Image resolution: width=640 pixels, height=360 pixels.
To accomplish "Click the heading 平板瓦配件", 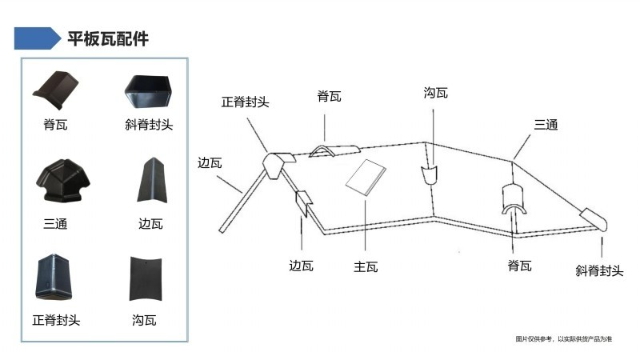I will coord(108,38).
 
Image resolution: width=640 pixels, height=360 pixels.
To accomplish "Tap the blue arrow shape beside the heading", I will coord(37,38).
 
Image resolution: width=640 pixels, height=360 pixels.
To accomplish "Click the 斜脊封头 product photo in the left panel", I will coord(148,91).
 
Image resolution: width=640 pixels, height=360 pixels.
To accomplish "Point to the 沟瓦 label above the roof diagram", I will coord(435,93).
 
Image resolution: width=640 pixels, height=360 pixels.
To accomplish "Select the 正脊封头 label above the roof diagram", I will coord(245,102).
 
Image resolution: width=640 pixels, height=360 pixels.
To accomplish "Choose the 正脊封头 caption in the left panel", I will coord(56,321).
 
